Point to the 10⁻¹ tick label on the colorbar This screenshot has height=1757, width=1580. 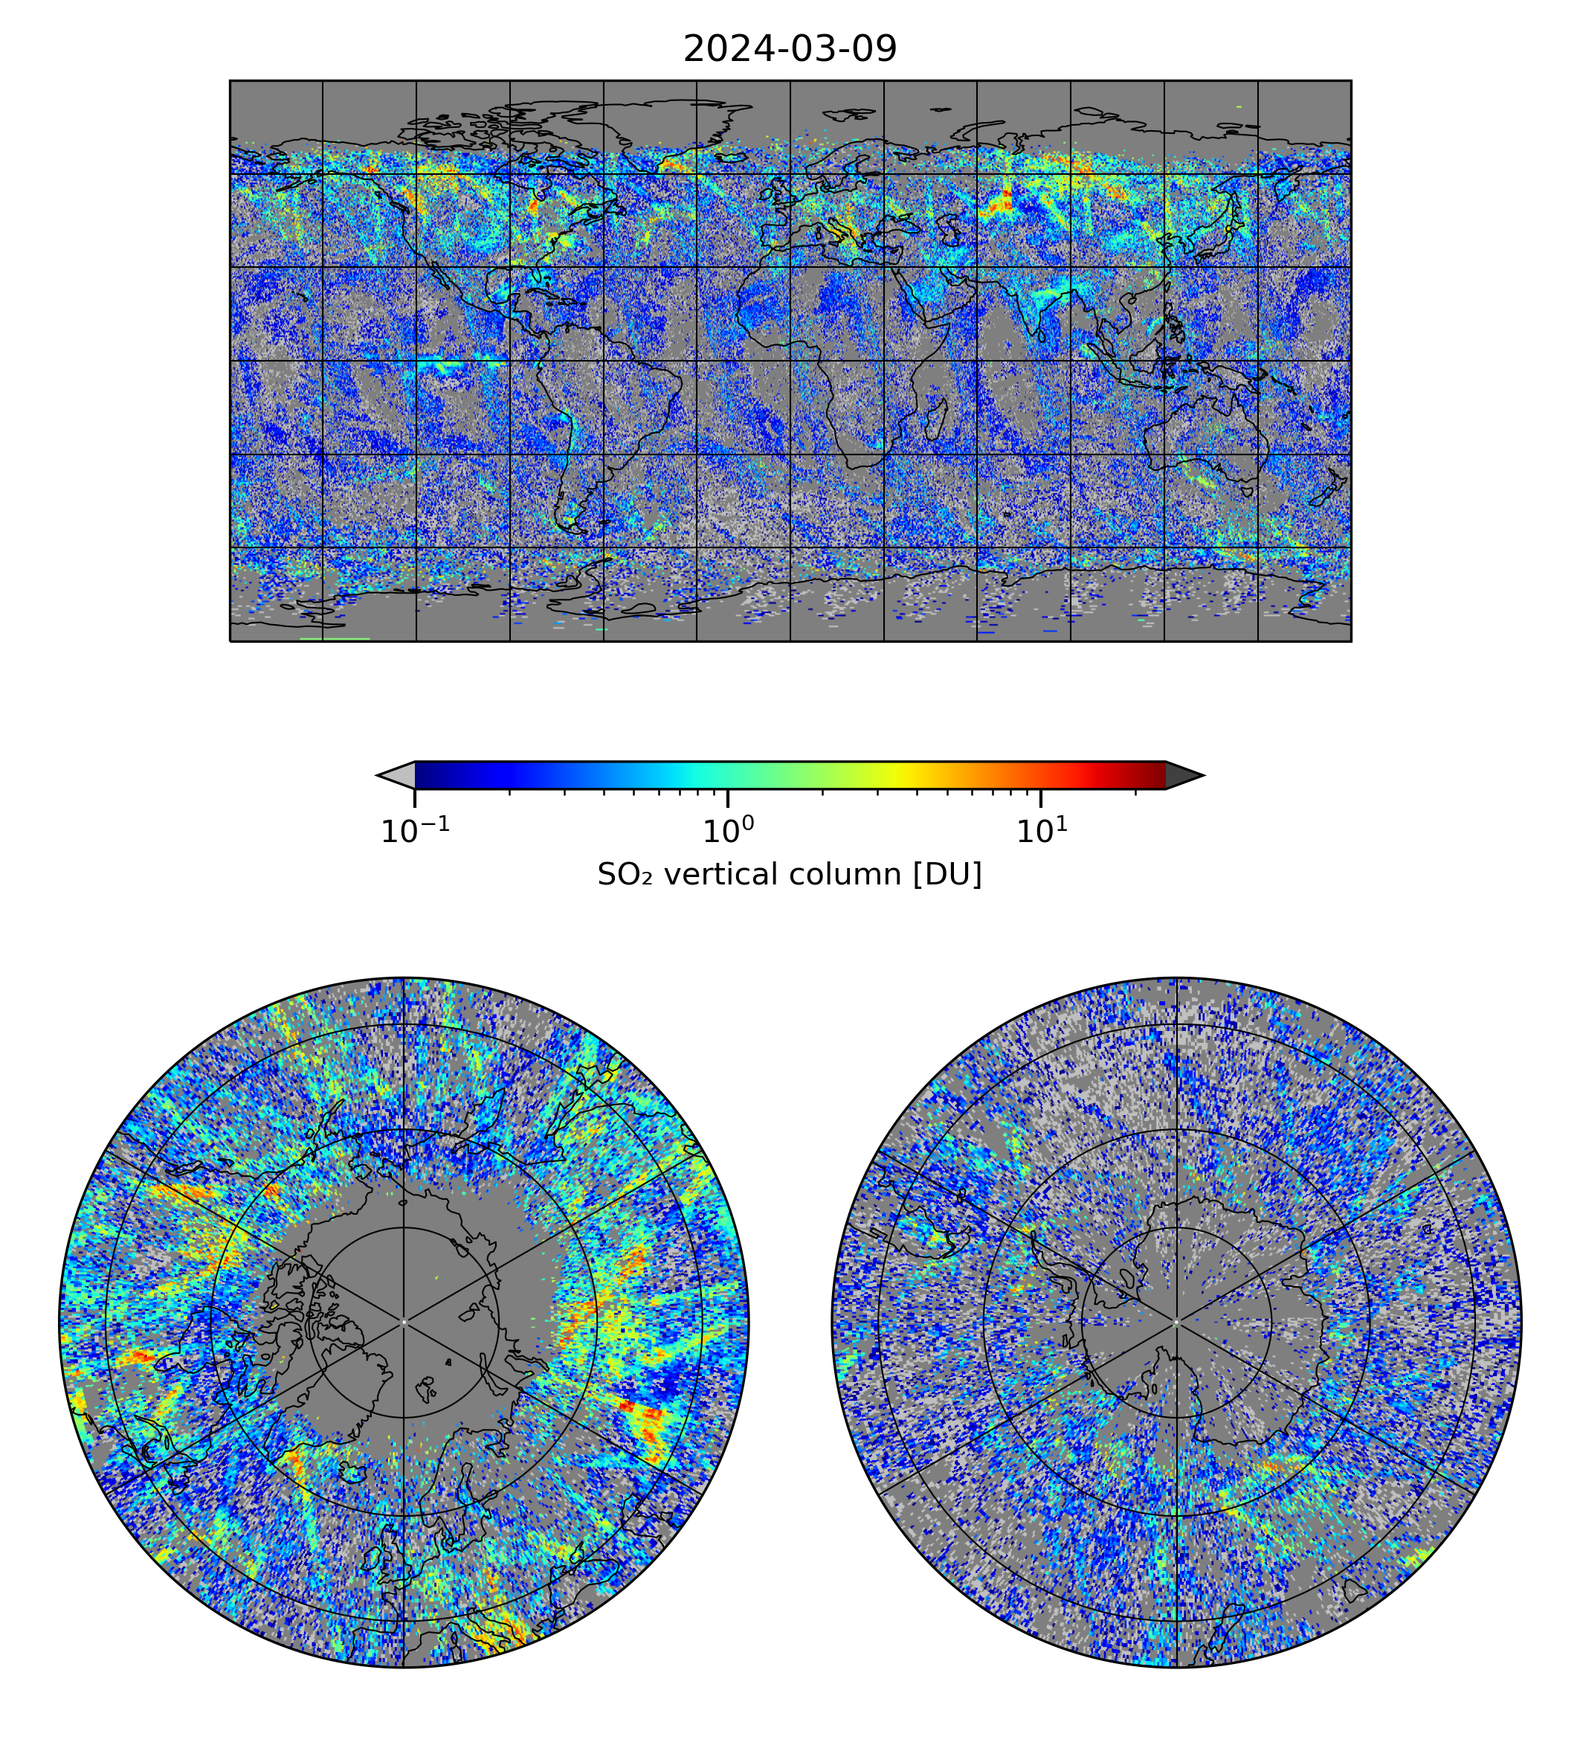415,831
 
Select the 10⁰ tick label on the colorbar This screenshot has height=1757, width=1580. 727,831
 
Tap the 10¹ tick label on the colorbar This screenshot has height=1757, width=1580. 1041,831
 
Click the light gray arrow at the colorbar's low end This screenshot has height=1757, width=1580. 397,774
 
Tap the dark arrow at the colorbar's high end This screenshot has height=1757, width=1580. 1183,774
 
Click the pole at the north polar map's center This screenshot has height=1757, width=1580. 404,1323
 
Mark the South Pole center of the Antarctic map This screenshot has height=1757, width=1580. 1176,1323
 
